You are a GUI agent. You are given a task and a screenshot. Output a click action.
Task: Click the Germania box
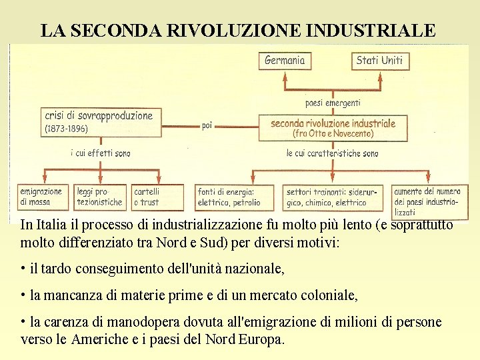[285, 61]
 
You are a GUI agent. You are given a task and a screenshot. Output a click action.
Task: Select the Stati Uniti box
[379, 61]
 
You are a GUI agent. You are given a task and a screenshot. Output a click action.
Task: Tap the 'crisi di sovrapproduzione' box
[100, 121]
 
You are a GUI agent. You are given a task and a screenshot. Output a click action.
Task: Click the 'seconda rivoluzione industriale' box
[333, 127]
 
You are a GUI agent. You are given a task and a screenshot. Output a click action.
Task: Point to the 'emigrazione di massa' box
[41, 197]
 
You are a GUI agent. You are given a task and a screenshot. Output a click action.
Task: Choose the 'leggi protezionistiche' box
[100, 197]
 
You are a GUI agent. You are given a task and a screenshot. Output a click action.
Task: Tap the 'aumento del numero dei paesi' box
[427, 200]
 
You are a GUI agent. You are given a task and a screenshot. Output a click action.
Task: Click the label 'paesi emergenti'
[333, 103]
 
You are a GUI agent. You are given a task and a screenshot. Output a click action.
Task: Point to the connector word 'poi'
[207, 125]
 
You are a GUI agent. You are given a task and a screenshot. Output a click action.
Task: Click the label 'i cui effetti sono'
[100, 153]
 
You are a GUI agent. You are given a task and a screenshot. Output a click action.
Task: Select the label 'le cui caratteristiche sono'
[332, 153]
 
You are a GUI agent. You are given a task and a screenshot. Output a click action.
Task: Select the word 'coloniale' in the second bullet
[328, 295]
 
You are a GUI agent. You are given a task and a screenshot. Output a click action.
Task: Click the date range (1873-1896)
[66, 129]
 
